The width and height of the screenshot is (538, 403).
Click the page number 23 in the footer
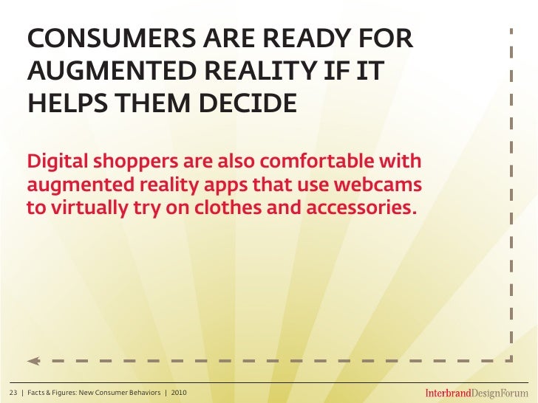point(13,391)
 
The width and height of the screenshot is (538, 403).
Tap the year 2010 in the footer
point(179,391)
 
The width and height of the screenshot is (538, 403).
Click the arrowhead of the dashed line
point(32,361)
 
